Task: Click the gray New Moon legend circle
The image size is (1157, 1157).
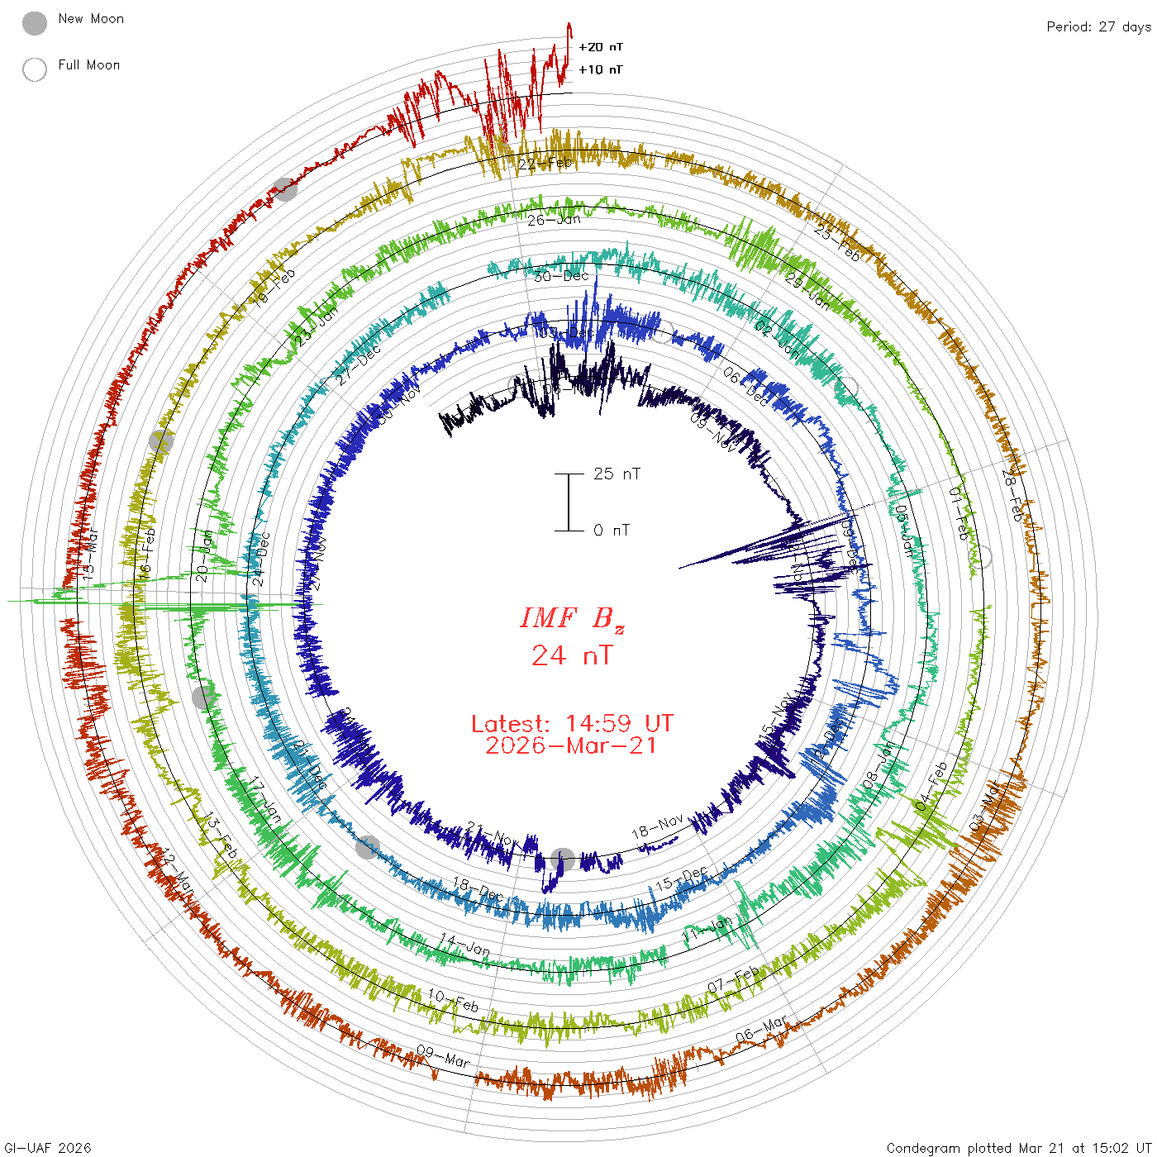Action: click(x=35, y=24)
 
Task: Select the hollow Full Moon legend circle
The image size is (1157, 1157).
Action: click(x=35, y=69)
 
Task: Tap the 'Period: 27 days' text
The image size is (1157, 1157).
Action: click(x=1098, y=27)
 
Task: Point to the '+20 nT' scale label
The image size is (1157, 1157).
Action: click(x=601, y=47)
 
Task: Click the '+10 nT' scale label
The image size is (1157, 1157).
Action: click(x=601, y=69)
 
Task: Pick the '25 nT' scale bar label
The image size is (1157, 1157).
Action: click(x=617, y=474)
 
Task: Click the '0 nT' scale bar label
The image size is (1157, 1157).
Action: click(x=612, y=531)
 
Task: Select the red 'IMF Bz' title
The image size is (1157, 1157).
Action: click(x=572, y=619)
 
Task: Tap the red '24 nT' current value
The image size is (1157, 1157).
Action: click(x=572, y=656)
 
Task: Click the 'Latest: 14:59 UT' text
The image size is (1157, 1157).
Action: click(x=572, y=724)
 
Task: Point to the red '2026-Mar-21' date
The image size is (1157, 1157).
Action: click(x=572, y=746)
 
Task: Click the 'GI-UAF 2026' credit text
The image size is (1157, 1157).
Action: click(x=48, y=1148)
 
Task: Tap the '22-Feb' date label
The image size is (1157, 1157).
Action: click(x=545, y=163)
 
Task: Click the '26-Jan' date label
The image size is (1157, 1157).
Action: click(x=554, y=220)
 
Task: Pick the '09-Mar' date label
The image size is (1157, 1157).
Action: click(x=443, y=1055)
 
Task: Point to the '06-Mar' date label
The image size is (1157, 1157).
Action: click(x=761, y=1029)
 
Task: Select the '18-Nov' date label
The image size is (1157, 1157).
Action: click(x=658, y=826)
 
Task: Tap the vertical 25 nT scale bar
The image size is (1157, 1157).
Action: click(x=569, y=502)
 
